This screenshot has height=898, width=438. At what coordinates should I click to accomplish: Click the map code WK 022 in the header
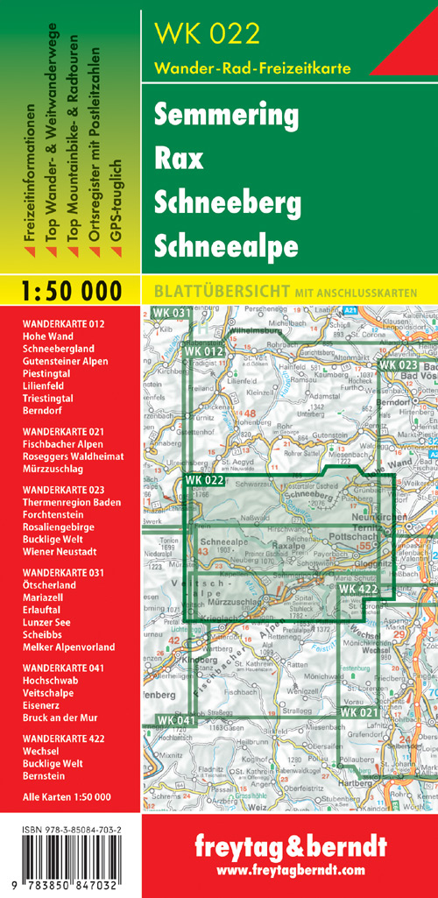207,33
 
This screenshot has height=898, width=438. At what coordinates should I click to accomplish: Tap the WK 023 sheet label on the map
398,364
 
